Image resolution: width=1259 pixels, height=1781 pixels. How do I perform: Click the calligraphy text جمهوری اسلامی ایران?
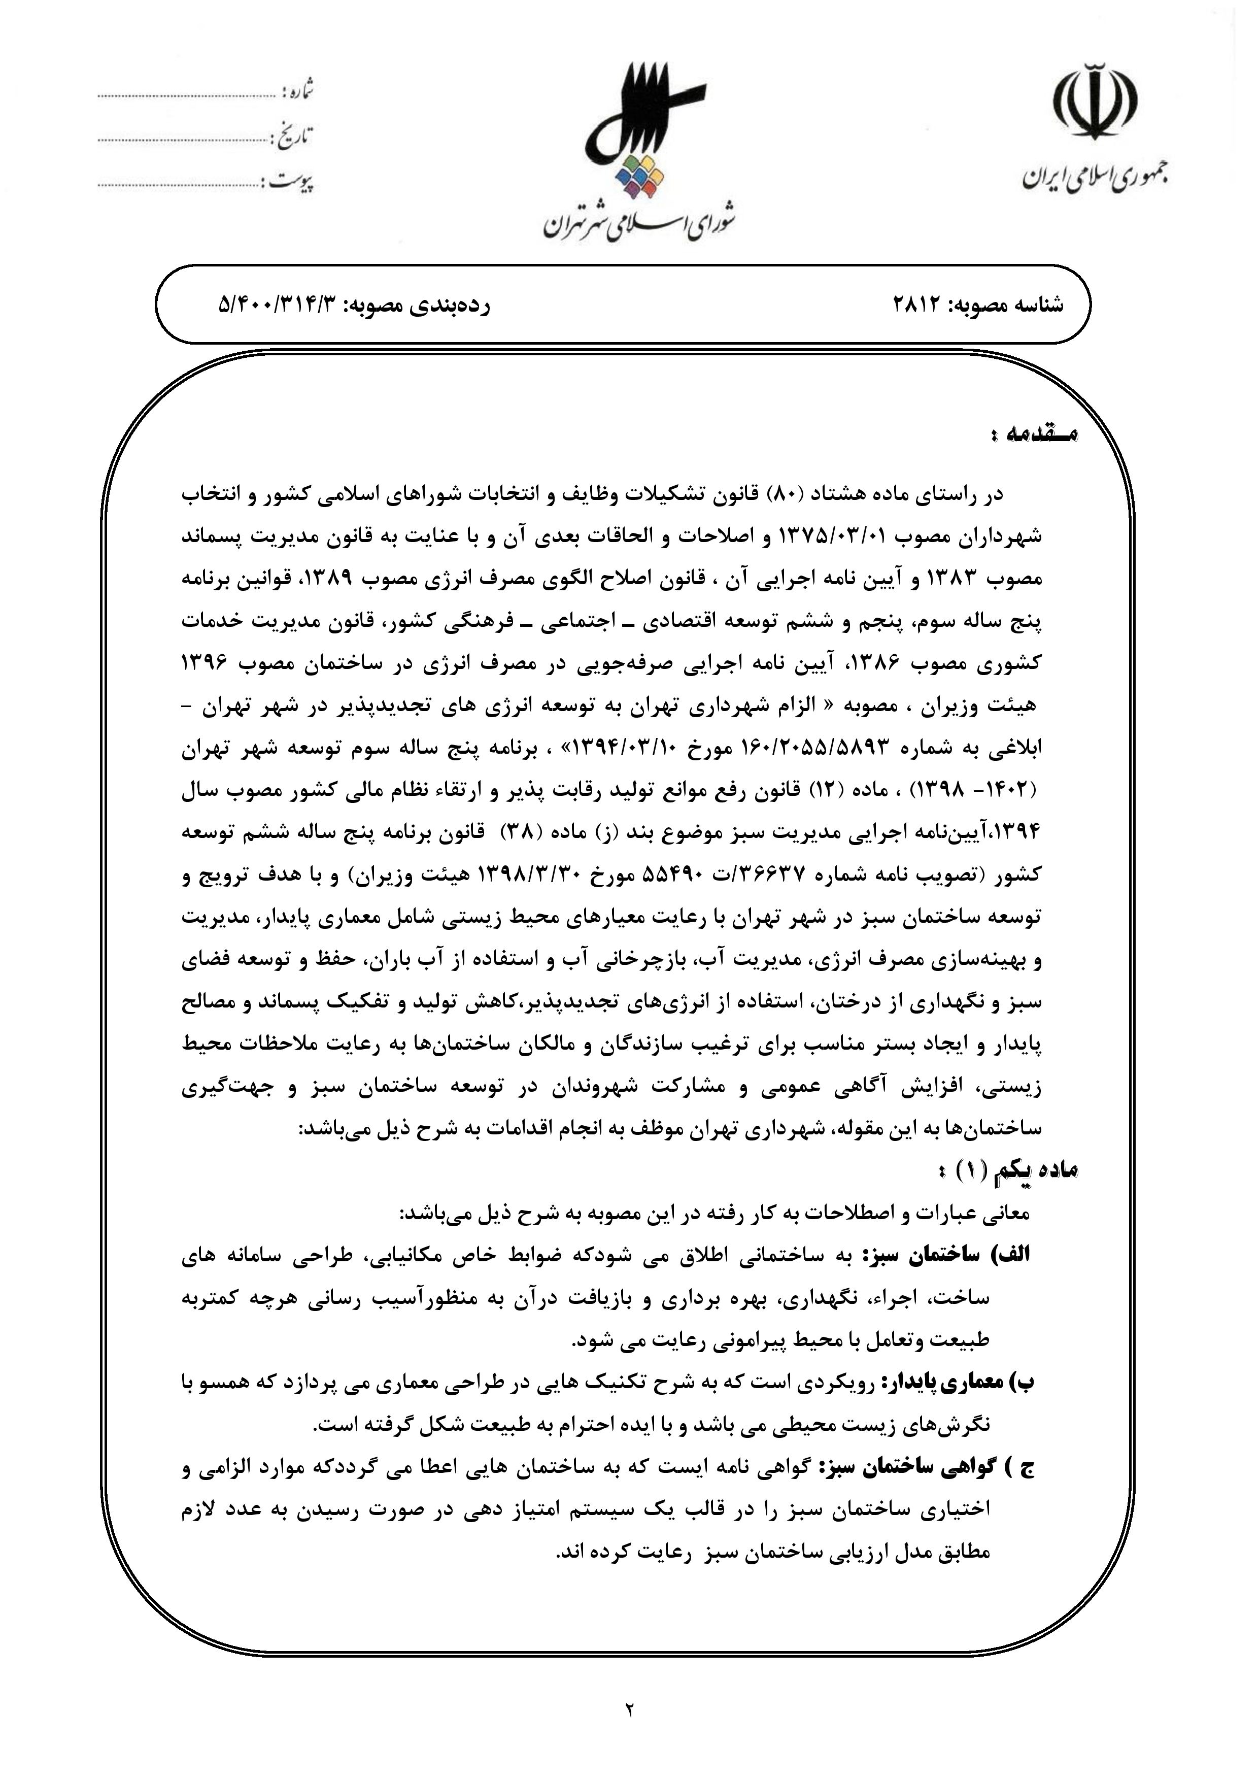[1095, 178]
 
